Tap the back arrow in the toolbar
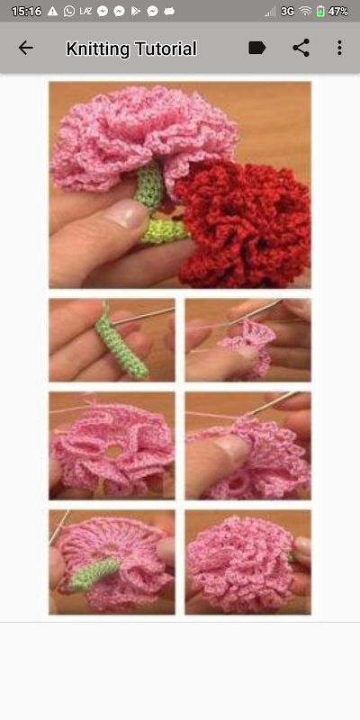pos(26,48)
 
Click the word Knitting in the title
pos(98,49)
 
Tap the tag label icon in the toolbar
pos(257,48)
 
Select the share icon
pos(301,48)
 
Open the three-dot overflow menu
pos(339,48)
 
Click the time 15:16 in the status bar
pos(26,12)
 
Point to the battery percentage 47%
pos(338,12)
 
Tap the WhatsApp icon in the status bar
pos(69,12)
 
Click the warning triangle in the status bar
pos(53,11)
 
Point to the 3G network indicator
pos(287,12)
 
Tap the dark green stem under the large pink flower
pos(149,186)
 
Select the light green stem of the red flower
pos(165,230)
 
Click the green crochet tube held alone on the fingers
pos(121,342)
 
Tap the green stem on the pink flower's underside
pos(94,574)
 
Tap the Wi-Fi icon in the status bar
pos(305,12)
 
